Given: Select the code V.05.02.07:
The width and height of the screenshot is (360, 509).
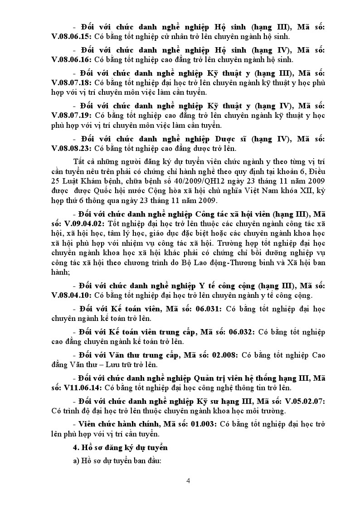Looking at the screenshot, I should (x=304, y=402).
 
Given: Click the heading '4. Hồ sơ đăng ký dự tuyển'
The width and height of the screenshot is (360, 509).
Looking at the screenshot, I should (x=121, y=448).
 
